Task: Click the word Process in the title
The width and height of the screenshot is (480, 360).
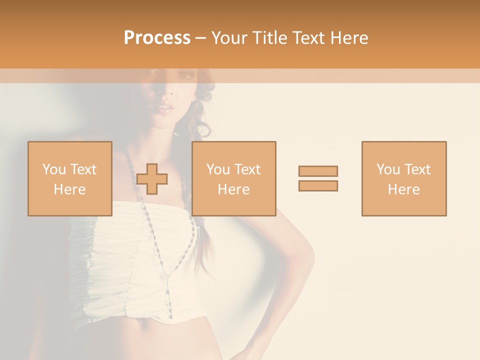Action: coord(157,38)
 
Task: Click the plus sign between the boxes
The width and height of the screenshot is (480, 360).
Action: coord(152,179)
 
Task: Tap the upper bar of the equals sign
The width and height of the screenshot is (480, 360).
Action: coord(318,171)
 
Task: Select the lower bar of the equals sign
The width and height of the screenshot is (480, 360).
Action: coord(318,185)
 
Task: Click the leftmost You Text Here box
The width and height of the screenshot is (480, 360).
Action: coord(69,178)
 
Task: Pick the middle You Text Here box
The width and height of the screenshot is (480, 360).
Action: coord(233,178)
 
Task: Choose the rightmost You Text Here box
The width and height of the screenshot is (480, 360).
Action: coord(403,178)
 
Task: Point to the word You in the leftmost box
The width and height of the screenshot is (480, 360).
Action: coord(54,169)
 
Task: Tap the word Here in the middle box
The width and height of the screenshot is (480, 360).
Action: coord(233,189)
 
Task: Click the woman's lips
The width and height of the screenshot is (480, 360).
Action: coord(163,107)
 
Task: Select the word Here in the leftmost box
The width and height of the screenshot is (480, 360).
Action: coord(69,189)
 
